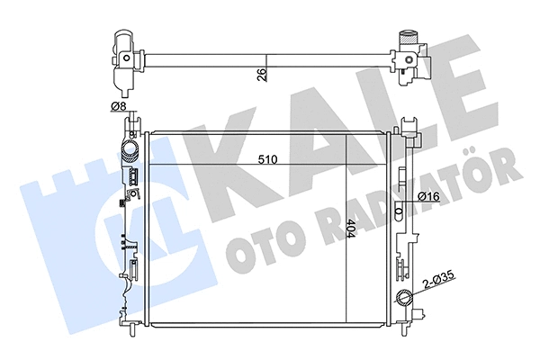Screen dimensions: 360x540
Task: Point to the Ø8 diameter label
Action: pos(117,108)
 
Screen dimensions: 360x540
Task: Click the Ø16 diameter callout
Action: pos(427,196)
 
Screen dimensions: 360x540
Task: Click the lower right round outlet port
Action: pos(403,299)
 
